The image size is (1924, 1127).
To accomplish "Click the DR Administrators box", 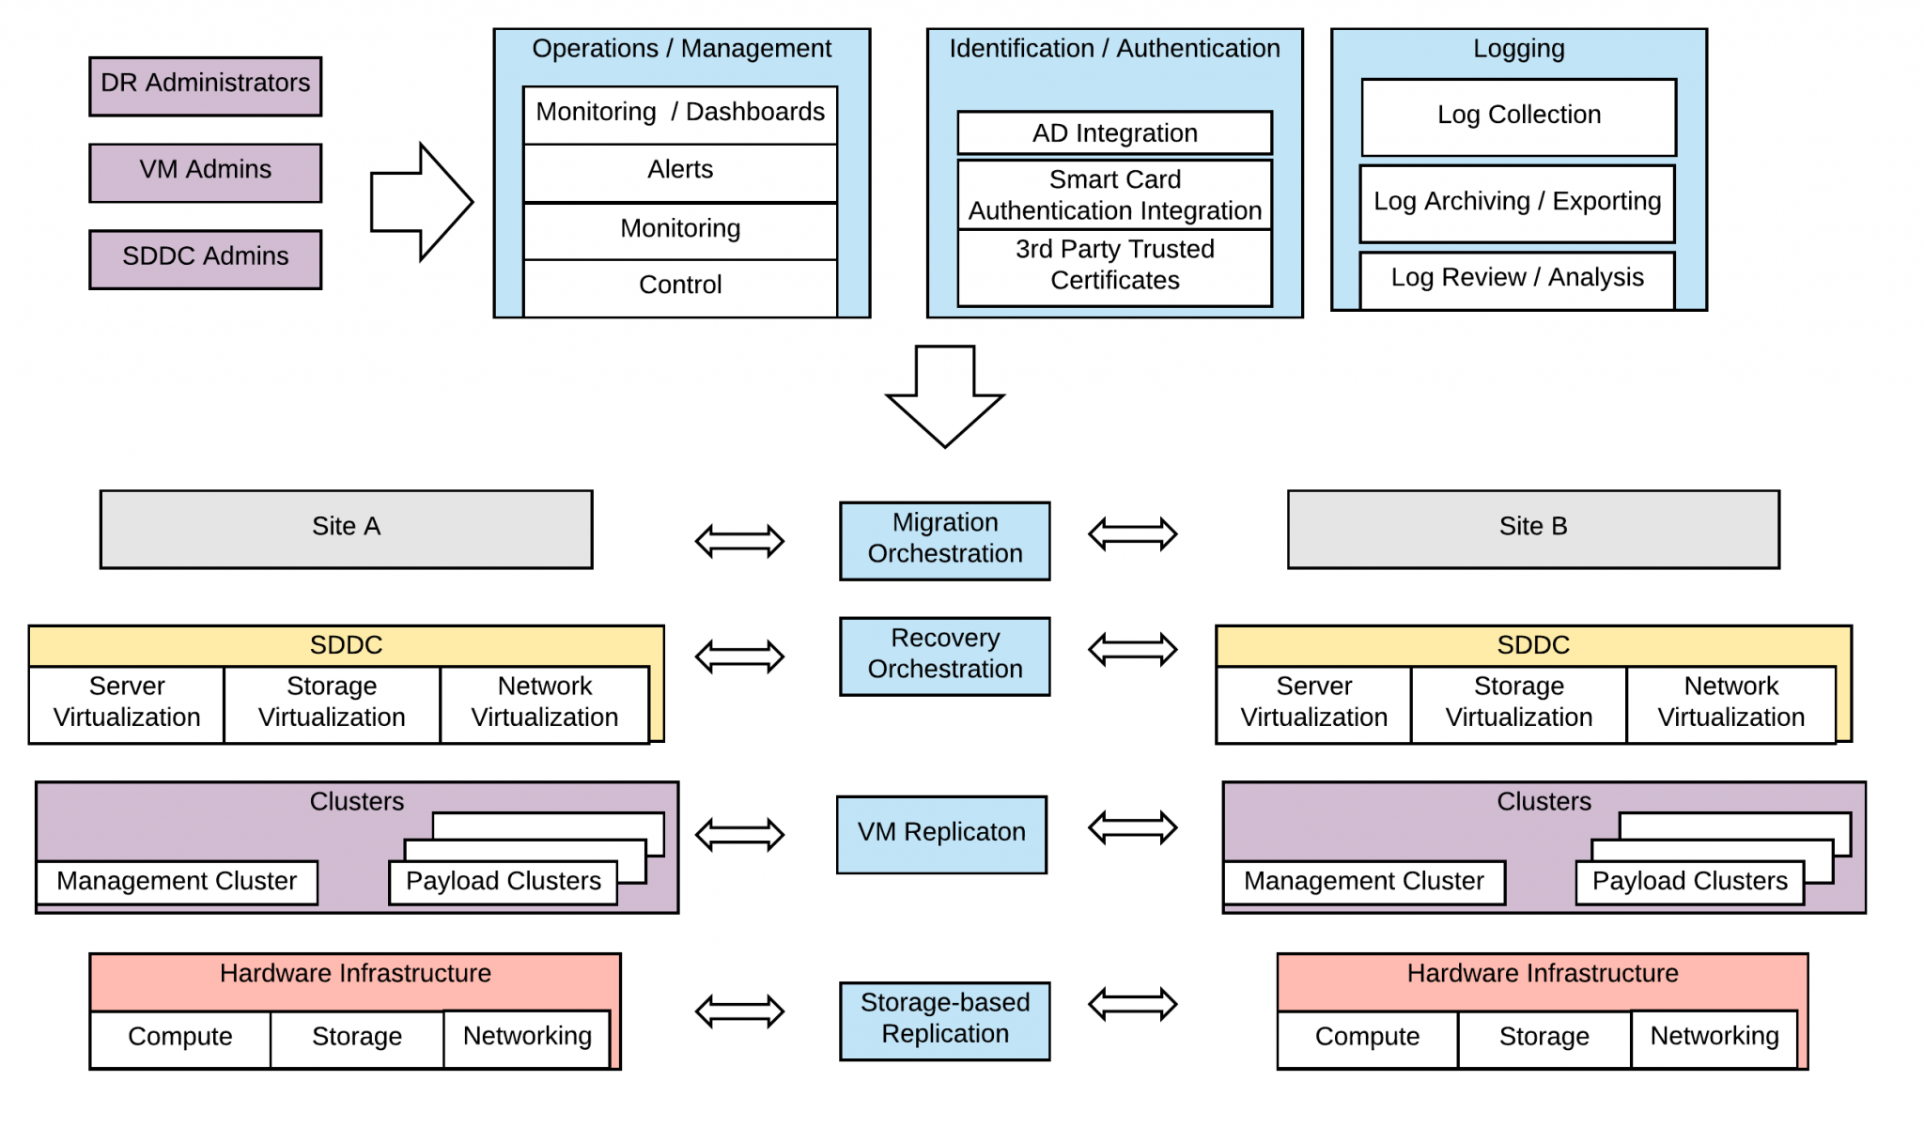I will click(205, 85).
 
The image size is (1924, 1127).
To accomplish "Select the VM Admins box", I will click(205, 172).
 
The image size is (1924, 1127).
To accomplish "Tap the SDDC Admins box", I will click(205, 258).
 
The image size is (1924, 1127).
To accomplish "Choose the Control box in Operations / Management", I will click(679, 286).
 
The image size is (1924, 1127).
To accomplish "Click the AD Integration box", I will click(1114, 133).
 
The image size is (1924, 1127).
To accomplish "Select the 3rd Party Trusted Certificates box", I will click(1114, 266).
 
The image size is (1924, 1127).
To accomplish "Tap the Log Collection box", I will click(1518, 116).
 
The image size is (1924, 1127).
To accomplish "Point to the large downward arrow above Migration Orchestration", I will click(945, 394).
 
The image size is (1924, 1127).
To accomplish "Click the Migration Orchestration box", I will click(944, 540).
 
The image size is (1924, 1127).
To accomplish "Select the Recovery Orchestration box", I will click(944, 656).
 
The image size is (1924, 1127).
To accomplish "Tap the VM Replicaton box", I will click(941, 834).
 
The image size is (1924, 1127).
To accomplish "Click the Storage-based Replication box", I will click(944, 1020).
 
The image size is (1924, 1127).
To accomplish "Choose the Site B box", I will click(1532, 528).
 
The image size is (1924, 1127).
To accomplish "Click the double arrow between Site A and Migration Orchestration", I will click(739, 541).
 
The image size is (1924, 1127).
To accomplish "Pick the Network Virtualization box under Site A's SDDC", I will click(544, 703).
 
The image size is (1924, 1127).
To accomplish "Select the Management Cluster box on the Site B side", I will click(1363, 882).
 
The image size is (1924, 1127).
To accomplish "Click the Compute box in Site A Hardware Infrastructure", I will click(179, 1038).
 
